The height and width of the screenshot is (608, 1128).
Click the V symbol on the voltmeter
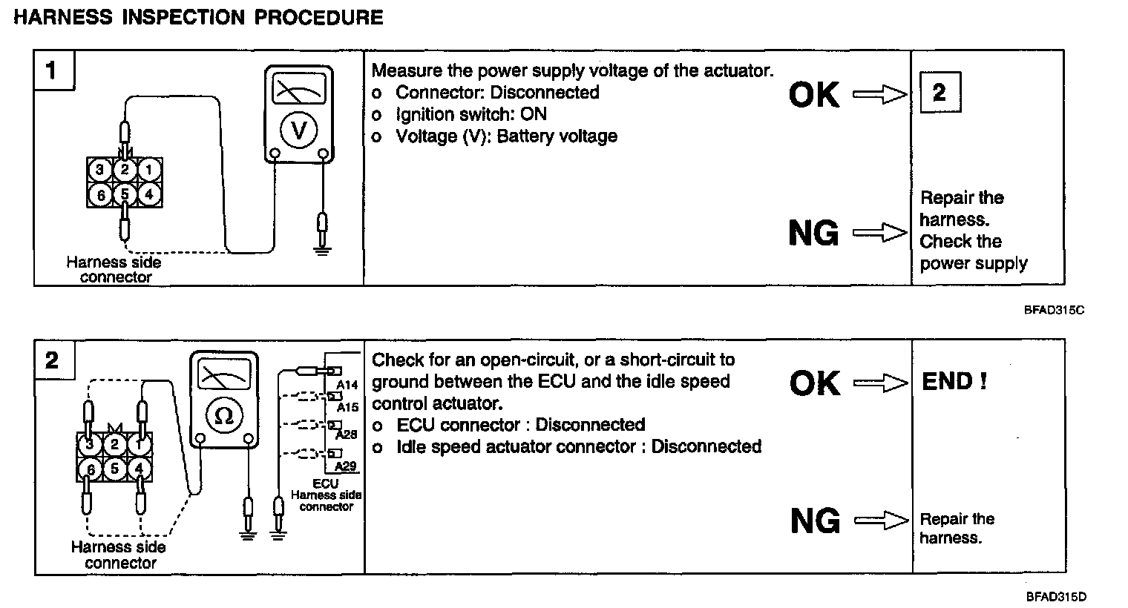298,131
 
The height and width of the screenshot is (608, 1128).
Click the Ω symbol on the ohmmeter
223,416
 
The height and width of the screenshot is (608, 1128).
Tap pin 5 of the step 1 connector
125,194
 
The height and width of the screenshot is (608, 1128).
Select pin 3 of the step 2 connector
90,445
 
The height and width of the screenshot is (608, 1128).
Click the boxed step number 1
51,71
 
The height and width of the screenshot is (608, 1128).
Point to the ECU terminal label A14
347,386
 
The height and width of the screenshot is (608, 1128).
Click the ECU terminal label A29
346,466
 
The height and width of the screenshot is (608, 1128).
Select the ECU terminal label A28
347,434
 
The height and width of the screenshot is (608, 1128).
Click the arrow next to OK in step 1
879,95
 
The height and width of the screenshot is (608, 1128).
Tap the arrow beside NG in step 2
881,521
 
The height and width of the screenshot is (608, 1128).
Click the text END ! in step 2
954,382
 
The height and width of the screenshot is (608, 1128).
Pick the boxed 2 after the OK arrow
940,92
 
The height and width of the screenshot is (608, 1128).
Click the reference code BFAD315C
1055,310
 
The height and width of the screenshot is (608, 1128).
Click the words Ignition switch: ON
470,114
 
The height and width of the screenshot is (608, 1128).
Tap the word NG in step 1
814,234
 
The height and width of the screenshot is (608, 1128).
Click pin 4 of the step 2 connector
140,469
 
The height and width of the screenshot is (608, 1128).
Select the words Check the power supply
973,253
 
